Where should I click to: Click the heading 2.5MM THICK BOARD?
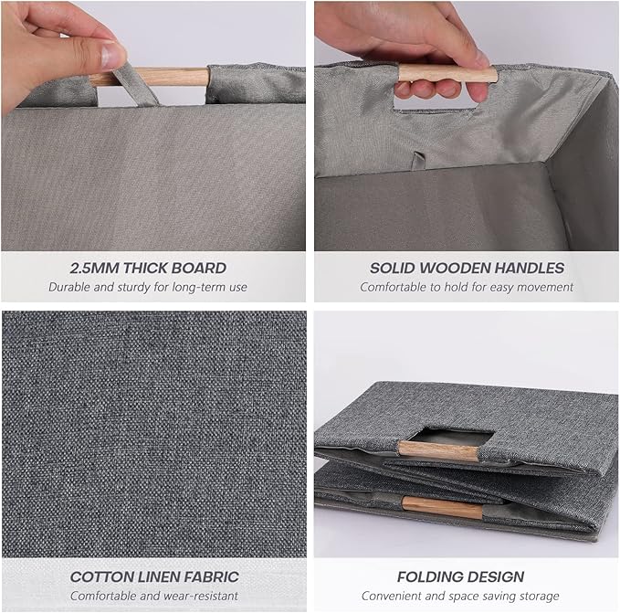148,269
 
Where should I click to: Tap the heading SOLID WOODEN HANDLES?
467,269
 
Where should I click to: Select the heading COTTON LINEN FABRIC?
154,577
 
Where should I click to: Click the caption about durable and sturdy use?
148,287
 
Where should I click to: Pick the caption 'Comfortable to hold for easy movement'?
467,287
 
